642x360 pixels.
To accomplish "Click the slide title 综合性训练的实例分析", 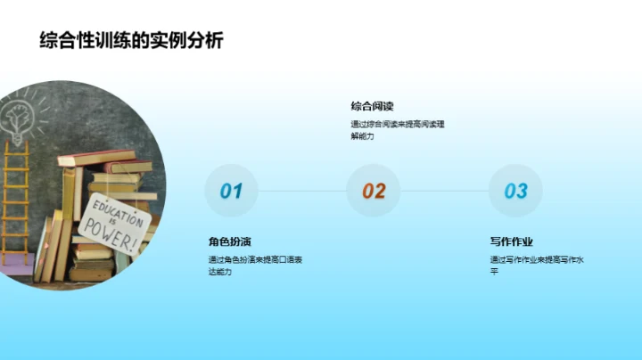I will pos(131,40).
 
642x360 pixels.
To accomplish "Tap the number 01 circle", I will pos(231,191).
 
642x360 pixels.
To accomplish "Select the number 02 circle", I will pos(374,191).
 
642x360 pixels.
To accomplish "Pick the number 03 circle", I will pos(515,191).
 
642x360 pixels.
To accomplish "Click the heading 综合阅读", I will pos(373,106).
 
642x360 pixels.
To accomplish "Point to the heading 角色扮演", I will pos(229,241).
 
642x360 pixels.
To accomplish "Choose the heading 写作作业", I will pos(511,241).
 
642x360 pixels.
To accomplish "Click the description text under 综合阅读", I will pos(397,130).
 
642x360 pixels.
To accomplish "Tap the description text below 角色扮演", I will pos(254,265).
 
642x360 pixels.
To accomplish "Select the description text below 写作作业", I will pos(536,265).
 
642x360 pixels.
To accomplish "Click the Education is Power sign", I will pos(111,225).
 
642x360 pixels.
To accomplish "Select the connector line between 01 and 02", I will pos(302,191).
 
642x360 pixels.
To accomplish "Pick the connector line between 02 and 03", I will pos(444,191).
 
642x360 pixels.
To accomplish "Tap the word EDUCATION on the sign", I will pos(105,215).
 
